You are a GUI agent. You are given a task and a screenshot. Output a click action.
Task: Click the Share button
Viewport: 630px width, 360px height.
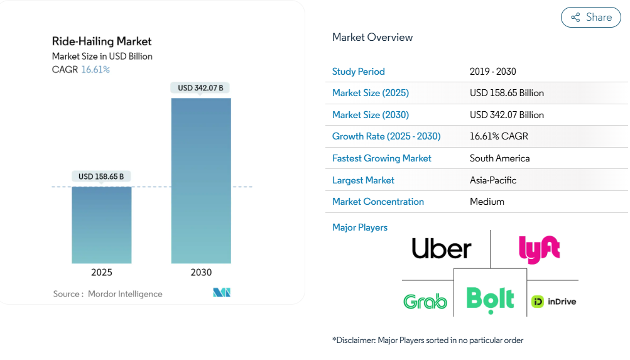coord(590,18)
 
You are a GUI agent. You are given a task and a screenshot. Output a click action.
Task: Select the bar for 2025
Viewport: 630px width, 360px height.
coord(102,225)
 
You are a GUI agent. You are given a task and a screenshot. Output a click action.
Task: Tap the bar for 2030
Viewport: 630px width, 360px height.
coord(201,180)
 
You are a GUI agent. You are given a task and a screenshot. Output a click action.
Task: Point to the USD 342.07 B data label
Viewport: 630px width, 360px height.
coord(201,88)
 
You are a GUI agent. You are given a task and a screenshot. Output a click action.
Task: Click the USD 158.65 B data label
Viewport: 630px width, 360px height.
coord(101,177)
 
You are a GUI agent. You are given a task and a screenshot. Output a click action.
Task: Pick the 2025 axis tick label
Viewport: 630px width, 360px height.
coord(102,273)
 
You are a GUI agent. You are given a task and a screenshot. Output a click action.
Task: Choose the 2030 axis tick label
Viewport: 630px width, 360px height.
coord(201,273)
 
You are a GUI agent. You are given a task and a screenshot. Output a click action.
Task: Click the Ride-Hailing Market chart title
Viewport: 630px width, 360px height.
coord(102,41)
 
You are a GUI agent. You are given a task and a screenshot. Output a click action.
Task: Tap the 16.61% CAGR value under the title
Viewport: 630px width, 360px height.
coord(95,70)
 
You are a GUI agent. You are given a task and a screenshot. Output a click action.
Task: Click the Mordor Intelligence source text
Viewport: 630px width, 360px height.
coord(125,294)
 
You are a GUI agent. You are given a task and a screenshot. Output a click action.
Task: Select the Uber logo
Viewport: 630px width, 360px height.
coord(442,248)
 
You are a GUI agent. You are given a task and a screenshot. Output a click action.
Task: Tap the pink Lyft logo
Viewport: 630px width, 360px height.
coord(540,249)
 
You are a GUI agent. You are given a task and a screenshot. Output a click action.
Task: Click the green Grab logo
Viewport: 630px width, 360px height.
coord(425,302)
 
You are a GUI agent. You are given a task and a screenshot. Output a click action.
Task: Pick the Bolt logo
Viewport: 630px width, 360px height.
coord(490,298)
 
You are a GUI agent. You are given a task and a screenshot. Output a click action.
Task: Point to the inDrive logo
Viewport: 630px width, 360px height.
coord(554,302)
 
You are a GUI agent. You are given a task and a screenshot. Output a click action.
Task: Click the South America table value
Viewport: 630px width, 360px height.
coord(500,158)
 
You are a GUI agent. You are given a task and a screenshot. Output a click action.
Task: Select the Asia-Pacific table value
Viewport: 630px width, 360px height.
coord(493,180)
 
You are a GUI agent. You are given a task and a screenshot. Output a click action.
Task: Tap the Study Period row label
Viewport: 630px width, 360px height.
coord(359,72)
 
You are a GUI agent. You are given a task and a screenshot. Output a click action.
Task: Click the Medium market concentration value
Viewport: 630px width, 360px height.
coord(487,202)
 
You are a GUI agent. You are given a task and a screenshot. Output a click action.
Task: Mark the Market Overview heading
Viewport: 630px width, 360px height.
coord(372,37)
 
